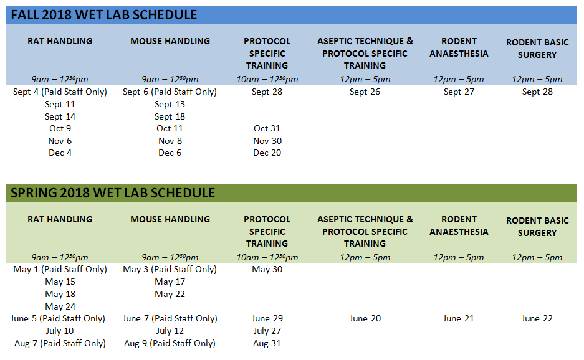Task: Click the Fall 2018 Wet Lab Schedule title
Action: (x=104, y=15)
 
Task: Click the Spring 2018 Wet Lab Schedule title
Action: (x=113, y=193)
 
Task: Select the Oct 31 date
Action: (x=267, y=128)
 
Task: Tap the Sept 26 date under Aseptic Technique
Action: (x=365, y=92)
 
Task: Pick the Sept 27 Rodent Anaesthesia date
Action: (x=459, y=92)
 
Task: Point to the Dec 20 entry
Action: (x=267, y=153)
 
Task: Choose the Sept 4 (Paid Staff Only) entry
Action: (x=60, y=92)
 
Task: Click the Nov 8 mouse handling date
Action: (x=170, y=141)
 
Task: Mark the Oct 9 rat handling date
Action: (x=60, y=128)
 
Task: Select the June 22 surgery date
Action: (x=537, y=319)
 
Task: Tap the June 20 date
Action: (x=365, y=319)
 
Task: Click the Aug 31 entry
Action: (x=267, y=343)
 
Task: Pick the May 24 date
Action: (x=60, y=306)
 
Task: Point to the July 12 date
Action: (x=170, y=331)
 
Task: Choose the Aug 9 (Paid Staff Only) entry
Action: (x=170, y=343)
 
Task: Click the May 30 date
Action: (x=267, y=269)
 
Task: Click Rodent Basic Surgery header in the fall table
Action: (x=537, y=49)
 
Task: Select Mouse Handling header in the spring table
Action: (x=170, y=219)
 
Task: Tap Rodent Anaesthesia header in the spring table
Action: (x=459, y=225)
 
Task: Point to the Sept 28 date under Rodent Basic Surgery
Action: (x=537, y=92)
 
